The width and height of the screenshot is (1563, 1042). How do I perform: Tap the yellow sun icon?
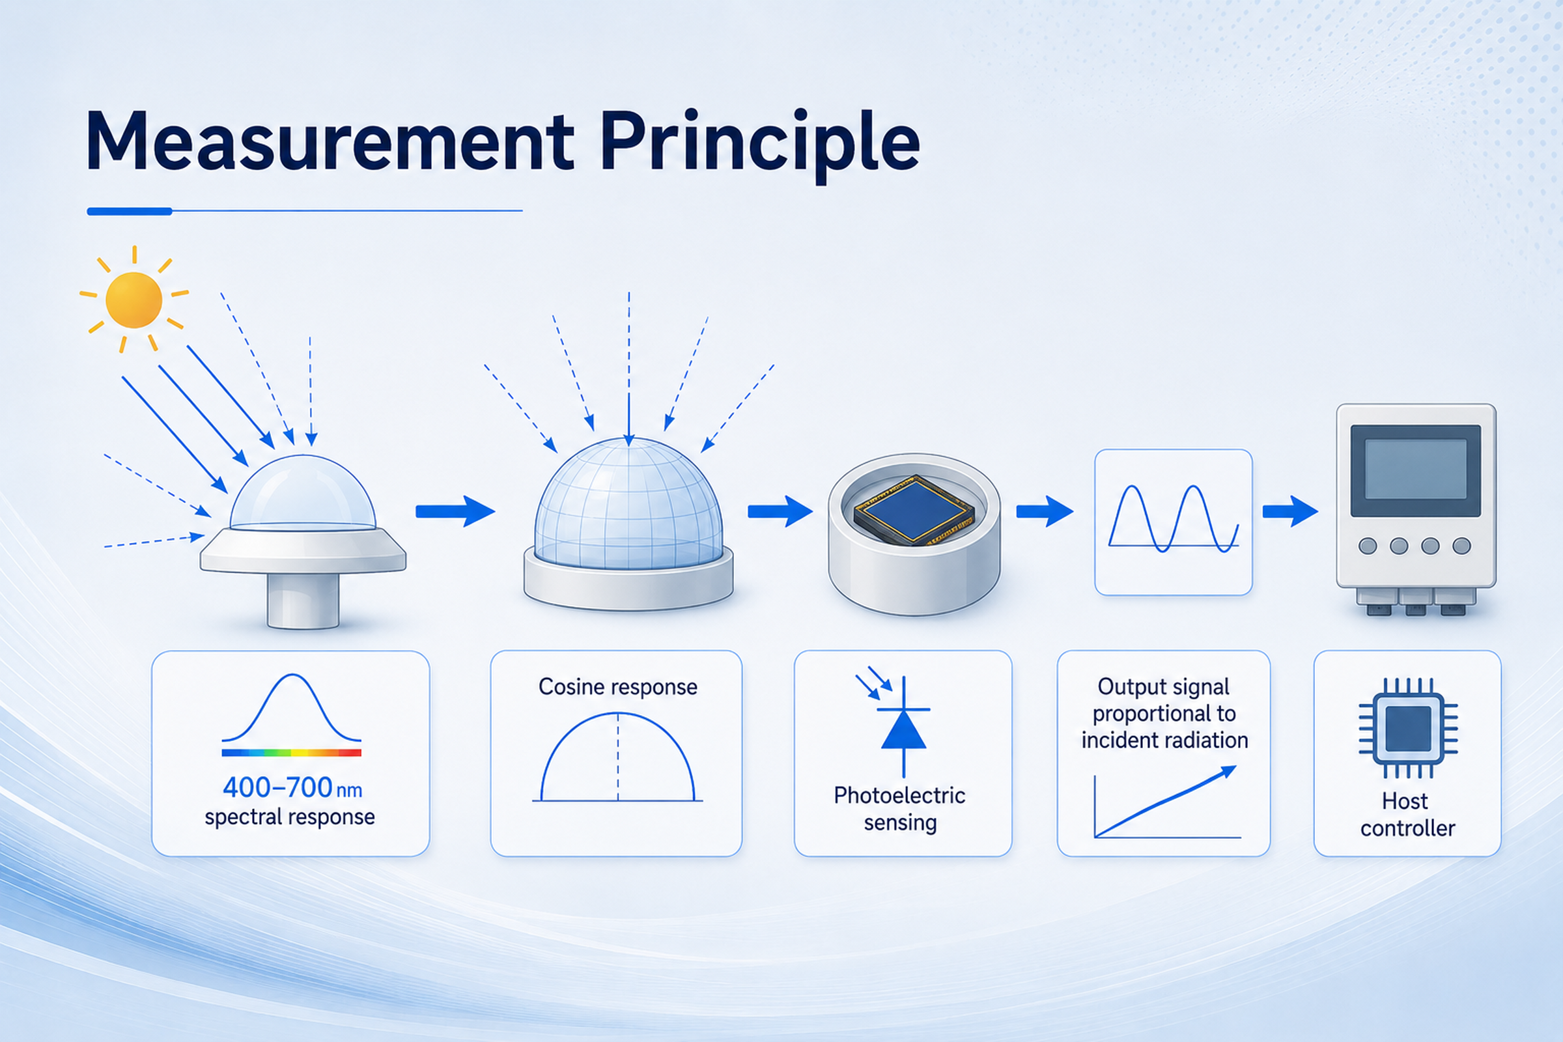point(134,300)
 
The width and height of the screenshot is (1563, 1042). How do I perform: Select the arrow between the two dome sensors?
point(455,511)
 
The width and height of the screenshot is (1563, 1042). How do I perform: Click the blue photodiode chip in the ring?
point(914,509)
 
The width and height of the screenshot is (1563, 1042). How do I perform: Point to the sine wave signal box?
point(1174,522)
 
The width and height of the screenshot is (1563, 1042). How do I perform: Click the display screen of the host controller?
point(1415,470)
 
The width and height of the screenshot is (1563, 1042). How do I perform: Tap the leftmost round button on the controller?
point(1368,546)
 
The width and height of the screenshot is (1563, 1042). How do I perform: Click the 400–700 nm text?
point(292,788)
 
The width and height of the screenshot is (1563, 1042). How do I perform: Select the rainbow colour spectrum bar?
point(291,753)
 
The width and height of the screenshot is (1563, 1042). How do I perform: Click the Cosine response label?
point(618,686)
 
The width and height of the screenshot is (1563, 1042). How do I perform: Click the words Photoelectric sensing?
point(900,809)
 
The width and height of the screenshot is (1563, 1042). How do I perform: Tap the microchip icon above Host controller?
point(1407,727)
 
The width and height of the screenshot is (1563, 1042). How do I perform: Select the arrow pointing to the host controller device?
point(1291,511)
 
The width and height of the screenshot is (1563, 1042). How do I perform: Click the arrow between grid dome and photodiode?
point(780,511)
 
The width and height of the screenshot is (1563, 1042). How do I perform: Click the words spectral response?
point(290,817)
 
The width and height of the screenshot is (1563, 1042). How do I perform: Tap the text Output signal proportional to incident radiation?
point(1164,713)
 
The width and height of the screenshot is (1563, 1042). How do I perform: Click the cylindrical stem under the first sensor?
point(303,600)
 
